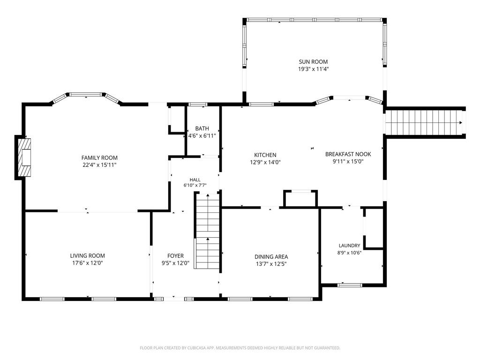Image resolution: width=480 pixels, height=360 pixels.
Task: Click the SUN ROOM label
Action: [313, 61]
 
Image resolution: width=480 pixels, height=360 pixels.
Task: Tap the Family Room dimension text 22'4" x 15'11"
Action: [99, 165]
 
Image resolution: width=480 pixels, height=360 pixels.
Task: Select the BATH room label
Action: [202, 128]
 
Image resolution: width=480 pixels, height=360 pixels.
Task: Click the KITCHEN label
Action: [265, 155]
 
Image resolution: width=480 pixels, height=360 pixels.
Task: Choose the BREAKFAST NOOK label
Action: [348, 154]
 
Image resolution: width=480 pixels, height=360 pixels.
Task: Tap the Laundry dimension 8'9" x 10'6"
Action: [349, 253]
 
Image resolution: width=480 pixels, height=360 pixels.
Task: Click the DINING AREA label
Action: [271, 257]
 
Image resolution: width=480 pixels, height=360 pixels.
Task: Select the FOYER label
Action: [175, 255]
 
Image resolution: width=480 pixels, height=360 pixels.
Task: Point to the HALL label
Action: [195, 180]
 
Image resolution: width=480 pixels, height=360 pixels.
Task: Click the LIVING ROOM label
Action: [88, 255]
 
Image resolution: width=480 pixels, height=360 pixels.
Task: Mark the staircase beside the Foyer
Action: [207, 231]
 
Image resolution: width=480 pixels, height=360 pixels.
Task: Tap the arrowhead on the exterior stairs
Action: [461, 123]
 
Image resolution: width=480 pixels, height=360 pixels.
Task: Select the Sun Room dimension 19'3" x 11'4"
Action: [313, 69]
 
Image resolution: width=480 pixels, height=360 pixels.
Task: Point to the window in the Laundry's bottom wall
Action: [350, 285]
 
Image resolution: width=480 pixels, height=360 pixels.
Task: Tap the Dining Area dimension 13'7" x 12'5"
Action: [271, 264]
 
